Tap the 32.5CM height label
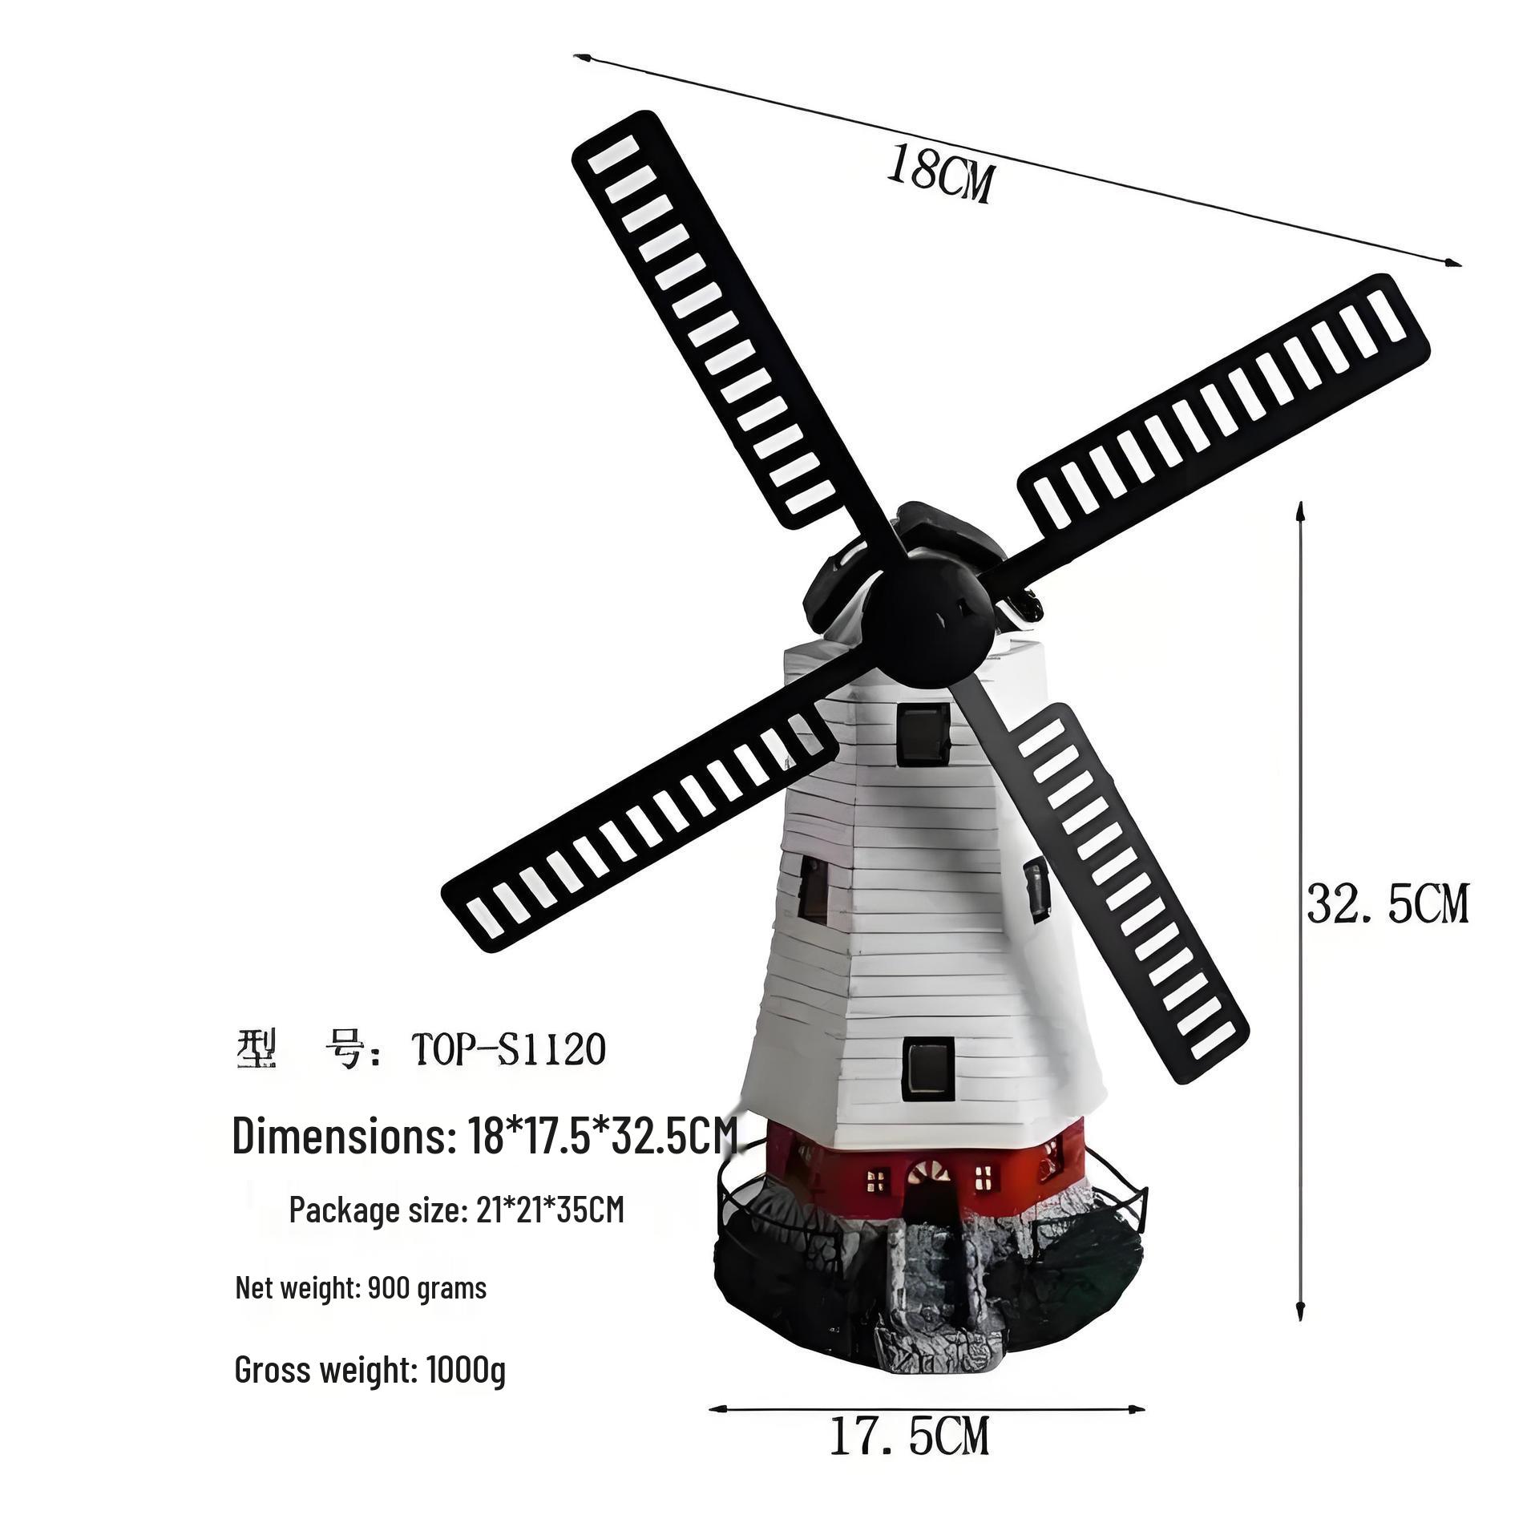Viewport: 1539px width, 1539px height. coord(1388,903)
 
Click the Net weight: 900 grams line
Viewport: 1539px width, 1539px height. coord(361,1288)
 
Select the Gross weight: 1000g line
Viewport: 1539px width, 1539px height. coord(370,1370)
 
